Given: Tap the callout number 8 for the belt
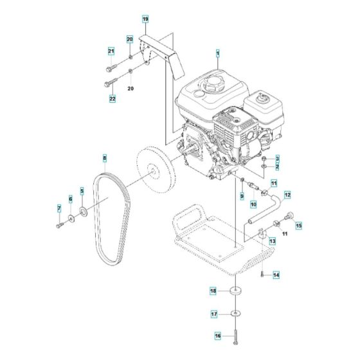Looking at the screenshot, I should pos(104,157).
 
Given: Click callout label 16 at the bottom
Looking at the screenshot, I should pos(217,335).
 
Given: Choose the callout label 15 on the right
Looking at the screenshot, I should pos(298,225).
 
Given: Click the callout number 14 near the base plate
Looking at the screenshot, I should pos(276,274).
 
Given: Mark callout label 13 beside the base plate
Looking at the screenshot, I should pos(272,241).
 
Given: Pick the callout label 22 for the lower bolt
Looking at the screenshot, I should pos(113,98).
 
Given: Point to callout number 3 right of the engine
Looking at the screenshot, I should pos(277,158).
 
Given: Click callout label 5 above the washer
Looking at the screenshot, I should pos(82,191).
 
